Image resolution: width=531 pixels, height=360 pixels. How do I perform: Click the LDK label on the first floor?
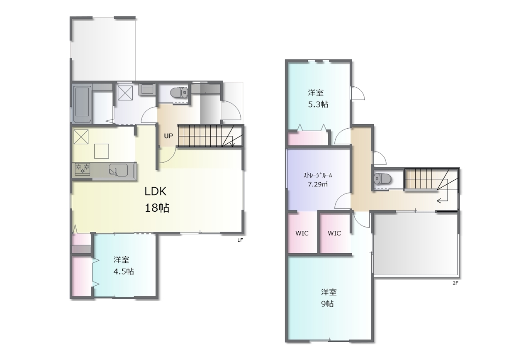point(156,191)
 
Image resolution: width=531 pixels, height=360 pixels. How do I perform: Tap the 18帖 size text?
point(157,208)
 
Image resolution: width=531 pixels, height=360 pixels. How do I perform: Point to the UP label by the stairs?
point(168,136)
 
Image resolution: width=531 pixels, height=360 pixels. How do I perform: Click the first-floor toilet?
point(179,92)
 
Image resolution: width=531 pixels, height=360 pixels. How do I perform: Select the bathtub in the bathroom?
point(82,104)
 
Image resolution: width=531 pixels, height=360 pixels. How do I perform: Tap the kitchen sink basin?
point(118,170)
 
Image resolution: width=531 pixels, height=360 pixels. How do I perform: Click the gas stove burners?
point(83,169)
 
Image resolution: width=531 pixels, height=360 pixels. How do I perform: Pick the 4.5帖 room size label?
point(124,271)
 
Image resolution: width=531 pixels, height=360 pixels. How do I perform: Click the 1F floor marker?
point(240,240)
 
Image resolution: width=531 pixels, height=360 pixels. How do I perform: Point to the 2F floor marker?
point(455,283)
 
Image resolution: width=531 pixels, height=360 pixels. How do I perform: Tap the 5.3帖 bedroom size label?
point(318,104)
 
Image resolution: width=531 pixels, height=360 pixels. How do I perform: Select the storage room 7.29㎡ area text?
point(318,184)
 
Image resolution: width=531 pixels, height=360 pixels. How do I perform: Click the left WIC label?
point(302,233)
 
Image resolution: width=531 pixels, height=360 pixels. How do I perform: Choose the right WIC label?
point(334,233)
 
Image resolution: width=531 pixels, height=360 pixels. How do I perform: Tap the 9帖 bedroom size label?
point(328,304)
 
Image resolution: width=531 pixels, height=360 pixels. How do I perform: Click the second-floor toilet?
point(382,179)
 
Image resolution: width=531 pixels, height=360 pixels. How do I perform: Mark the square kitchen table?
point(102,151)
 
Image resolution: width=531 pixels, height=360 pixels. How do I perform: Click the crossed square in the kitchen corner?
point(81,137)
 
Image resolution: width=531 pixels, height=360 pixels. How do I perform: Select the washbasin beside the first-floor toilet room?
point(148,90)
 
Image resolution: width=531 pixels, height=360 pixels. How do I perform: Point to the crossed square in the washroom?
point(125,93)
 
